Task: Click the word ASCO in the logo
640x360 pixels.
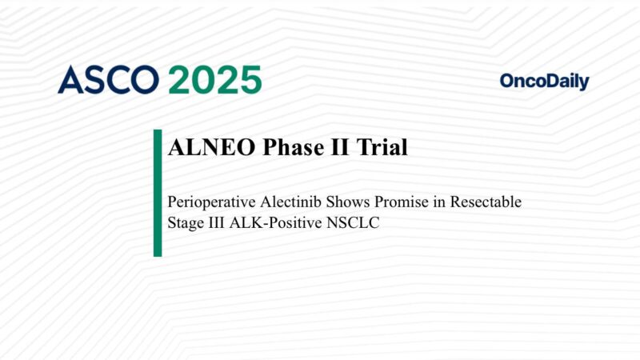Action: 109,80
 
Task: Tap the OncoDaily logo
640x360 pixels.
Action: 544,81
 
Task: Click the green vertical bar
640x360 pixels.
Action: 158,193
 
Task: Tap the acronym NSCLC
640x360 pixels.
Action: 352,223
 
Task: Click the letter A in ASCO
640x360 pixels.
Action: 70,80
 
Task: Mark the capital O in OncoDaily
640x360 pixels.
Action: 508,81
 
